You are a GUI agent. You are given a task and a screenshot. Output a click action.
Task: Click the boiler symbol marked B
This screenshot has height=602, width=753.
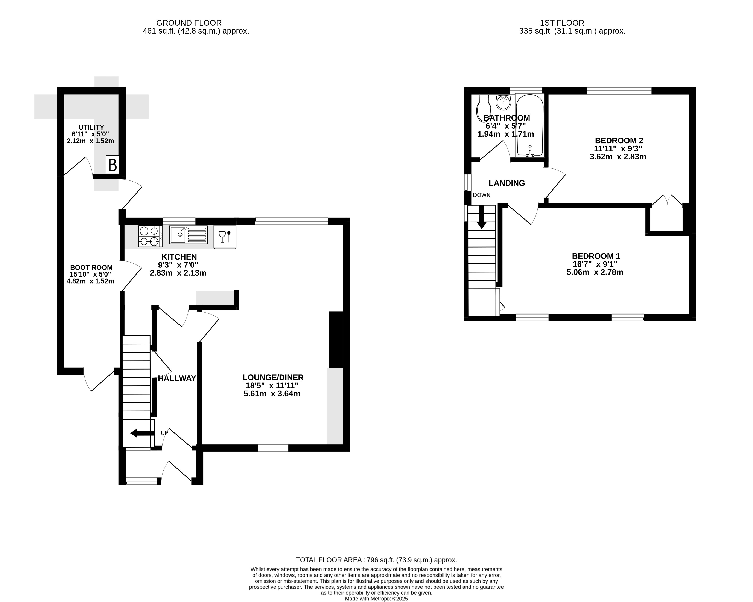coord(113,165)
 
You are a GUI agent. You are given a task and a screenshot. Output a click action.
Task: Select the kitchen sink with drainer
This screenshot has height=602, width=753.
coord(188,235)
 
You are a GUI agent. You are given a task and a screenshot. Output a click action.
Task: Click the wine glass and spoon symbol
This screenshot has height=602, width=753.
coord(225,237)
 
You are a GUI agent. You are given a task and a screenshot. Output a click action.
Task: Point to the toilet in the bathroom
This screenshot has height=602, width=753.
coord(484,108)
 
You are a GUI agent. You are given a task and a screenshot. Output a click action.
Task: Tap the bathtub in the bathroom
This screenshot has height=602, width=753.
coord(530,125)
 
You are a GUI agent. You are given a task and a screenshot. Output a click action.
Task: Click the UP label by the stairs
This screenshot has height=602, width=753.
coord(164,433)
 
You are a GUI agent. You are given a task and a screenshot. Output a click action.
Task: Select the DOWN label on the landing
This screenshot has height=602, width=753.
coord(482,195)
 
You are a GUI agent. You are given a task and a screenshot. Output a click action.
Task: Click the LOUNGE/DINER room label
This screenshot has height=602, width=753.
coord(273,377)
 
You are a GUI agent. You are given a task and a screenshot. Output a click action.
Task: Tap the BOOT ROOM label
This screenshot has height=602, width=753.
coord(91,268)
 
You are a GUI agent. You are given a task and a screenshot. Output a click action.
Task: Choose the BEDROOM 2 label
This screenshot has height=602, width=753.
coord(619,141)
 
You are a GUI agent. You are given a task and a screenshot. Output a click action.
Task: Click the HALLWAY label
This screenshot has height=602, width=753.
coord(177,378)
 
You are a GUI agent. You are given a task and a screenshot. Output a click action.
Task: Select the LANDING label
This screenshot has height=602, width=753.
coord(507,183)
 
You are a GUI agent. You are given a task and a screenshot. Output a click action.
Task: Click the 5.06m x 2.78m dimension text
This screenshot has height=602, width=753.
coord(595,272)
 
